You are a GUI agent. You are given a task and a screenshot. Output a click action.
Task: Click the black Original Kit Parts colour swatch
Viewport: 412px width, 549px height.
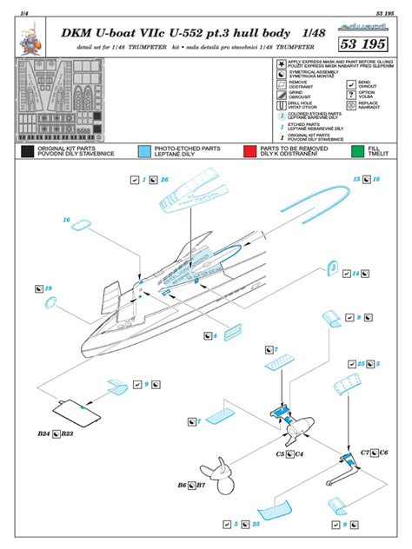tap(27, 153)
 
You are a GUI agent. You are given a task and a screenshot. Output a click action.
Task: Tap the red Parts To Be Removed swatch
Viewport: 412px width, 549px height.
tap(250, 153)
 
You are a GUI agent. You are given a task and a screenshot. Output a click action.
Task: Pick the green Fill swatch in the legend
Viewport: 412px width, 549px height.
tap(357, 153)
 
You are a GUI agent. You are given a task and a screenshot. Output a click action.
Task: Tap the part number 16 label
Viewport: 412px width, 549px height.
tap(66, 221)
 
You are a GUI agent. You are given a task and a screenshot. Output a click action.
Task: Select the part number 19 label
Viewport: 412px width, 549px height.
tap(49, 288)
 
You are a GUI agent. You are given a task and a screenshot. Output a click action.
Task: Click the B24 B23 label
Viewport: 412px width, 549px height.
tap(56, 433)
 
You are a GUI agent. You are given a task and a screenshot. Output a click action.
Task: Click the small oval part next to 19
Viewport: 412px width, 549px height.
tap(51, 304)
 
